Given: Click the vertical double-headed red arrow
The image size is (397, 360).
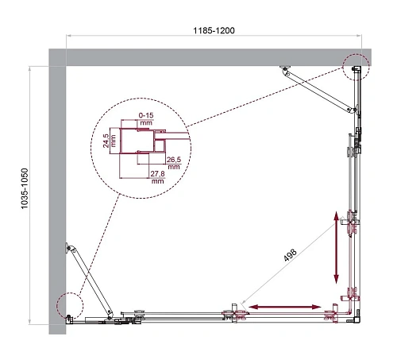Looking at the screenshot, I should (337, 246).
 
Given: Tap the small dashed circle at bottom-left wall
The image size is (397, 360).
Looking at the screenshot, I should (69, 305).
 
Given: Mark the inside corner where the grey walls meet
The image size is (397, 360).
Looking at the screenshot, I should (67, 68).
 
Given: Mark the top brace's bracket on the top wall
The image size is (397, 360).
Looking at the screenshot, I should (285, 71).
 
